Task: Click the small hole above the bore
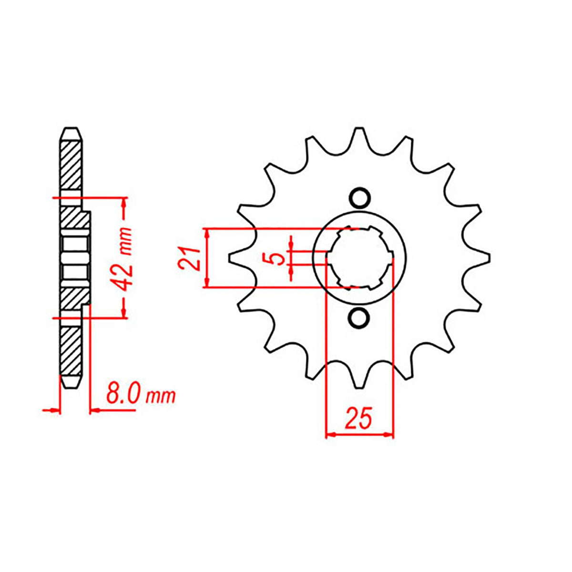click(359, 197)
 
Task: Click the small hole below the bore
click(359, 318)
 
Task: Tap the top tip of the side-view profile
click(70, 130)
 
